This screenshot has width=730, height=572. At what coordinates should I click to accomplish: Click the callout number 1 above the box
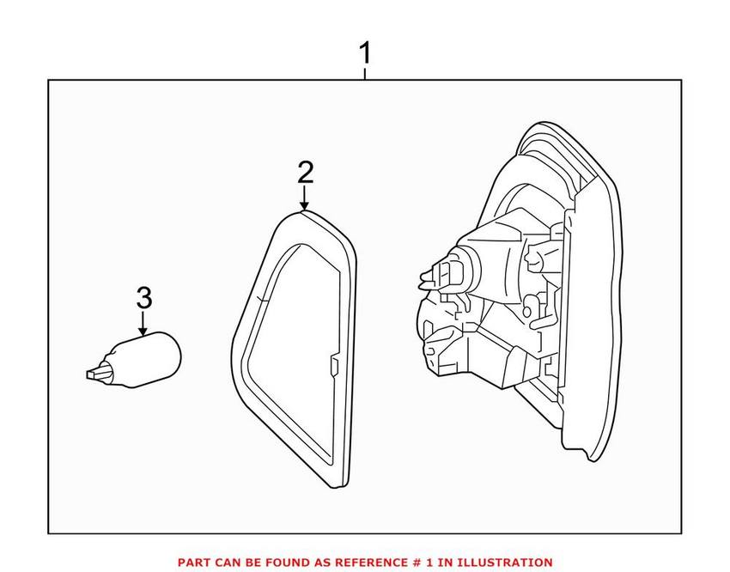tap(365, 53)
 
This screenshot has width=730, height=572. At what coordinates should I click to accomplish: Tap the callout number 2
tap(305, 173)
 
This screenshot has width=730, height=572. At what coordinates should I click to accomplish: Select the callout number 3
tap(143, 298)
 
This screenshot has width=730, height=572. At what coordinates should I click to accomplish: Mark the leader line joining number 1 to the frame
tap(365, 74)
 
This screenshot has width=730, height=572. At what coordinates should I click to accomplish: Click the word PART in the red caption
tap(194, 562)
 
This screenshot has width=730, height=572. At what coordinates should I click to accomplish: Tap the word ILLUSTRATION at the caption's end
tap(507, 562)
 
